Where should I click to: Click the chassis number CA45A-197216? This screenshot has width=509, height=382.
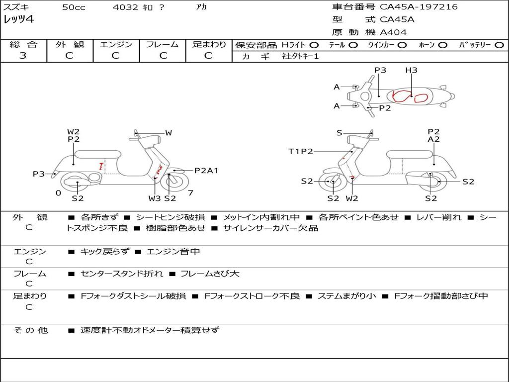click(x=419, y=6)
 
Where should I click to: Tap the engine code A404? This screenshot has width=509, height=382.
click(x=393, y=32)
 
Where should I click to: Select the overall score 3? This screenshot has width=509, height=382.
click(x=23, y=56)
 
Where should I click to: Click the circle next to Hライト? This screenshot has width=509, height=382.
click(x=314, y=45)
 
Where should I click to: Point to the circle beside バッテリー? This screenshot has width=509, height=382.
click(x=499, y=45)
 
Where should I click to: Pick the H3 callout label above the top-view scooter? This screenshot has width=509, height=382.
click(x=411, y=70)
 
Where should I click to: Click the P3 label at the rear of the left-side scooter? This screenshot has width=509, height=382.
click(x=39, y=174)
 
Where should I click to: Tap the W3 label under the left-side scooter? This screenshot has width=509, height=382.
click(x=155, y=198)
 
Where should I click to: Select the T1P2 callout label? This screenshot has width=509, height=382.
click(x=301, y=151)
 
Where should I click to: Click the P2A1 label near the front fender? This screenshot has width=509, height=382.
click(x=206, y=171)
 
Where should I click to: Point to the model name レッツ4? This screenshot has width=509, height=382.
click(x=18, y=19)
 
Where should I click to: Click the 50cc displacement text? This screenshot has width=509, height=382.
click(x=74, y=7)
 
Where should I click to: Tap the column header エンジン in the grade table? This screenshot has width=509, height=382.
click(x=116, y=44)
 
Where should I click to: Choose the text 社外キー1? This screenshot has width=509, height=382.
click(x=300, y=56)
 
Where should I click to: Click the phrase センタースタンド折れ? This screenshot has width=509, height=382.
click(x=122, y=274)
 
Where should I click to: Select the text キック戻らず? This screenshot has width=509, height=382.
click(x=104, y=251)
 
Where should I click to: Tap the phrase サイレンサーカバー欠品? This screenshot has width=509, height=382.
click(x=271, y=228)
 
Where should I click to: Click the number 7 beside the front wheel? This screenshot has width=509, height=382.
click(x=190, y=193)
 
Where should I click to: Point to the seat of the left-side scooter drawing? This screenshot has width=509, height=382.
click(x=98, y=154)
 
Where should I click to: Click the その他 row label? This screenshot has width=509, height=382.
click(x=31, y=330)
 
